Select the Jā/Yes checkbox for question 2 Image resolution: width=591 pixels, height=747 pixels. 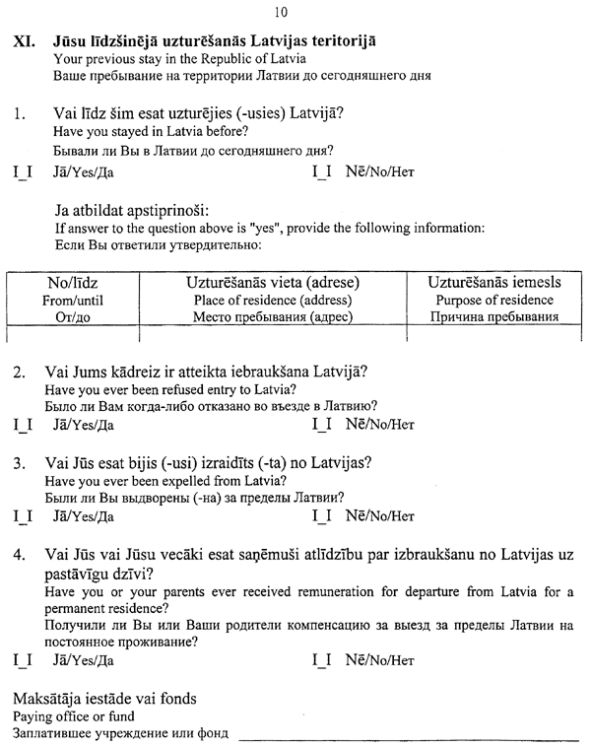click(x=23, y=426)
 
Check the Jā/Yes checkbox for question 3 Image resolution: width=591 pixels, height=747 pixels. click(x=23, y=515)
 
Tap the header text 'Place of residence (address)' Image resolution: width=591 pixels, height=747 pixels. click(x=272, y=301)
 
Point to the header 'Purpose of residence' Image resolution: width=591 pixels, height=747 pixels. click(x=495, y=301)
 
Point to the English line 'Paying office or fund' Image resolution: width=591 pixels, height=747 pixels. click(x=74, y=716)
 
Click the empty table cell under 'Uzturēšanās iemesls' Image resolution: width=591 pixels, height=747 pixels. click(x=495, y=335)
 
